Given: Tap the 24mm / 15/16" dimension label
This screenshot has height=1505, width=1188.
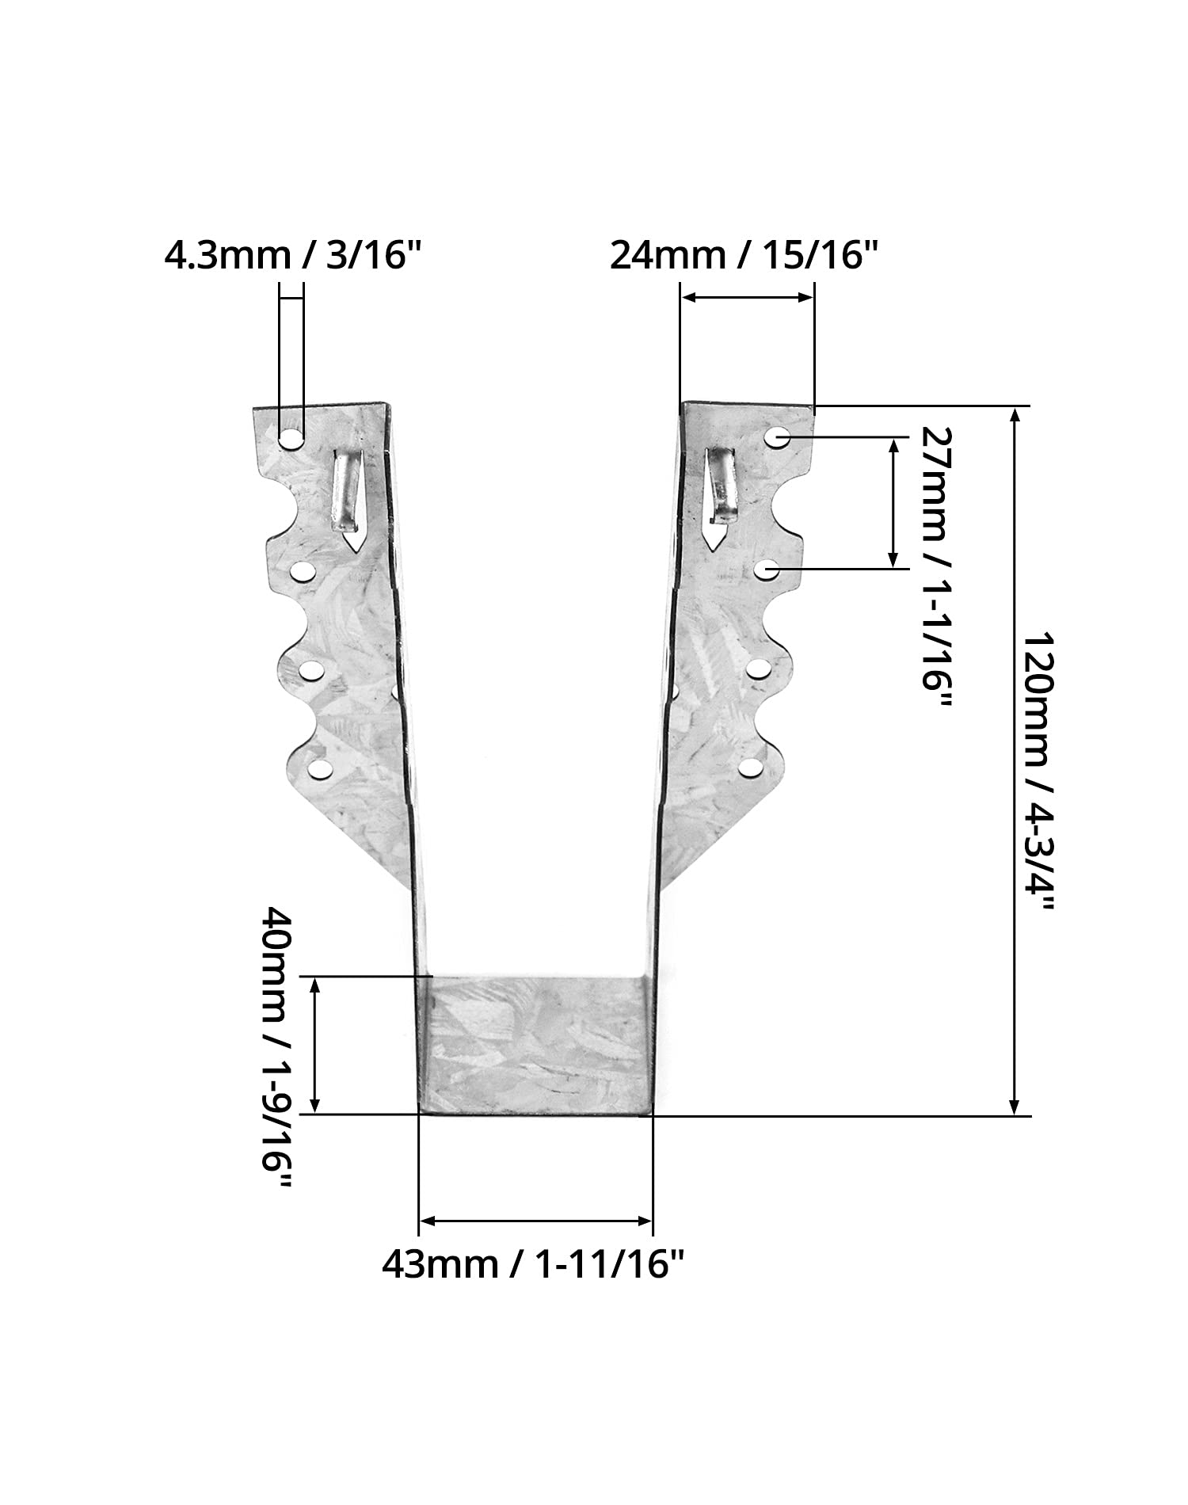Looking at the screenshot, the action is click(745, 257).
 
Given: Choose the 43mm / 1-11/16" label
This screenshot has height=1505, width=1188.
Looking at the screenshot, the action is click(533, 1265).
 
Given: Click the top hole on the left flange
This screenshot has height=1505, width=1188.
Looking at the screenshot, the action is click(291, 438).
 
